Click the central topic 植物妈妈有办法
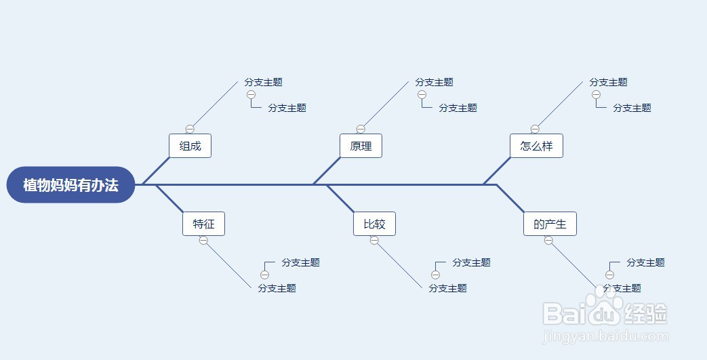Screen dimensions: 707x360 tap(70, 184)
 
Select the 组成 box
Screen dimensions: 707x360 tap(190, 146)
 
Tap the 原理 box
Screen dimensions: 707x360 tap(361, 146)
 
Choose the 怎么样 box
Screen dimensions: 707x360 tap(536, 146)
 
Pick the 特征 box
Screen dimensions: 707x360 tap(203, 224)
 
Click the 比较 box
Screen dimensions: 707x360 tap(374, 224)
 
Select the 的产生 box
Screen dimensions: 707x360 tap(550, 224)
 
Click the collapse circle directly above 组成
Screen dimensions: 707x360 tap(190, 129)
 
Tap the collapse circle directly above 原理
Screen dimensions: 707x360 tap(361, 129)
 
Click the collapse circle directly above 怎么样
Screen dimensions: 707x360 tap(535, 129)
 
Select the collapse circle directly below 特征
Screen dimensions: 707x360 tap(203, 241)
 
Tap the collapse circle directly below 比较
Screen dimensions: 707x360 tap(374, 241)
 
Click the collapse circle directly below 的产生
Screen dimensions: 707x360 tap(548, 241)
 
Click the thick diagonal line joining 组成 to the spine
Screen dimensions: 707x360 tap(156, 171)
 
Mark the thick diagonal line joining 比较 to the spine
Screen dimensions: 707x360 tap(341, 199)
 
